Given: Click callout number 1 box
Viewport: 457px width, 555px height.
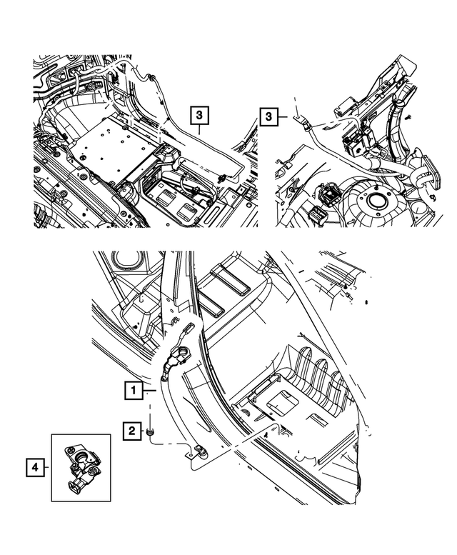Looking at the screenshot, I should tap(132, 391).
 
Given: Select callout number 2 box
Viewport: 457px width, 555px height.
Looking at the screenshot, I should tap(132, 430).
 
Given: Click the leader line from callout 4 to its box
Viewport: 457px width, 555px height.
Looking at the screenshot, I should tap(46, 469).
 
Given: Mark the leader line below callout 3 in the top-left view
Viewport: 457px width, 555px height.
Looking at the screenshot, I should tap(199, 133).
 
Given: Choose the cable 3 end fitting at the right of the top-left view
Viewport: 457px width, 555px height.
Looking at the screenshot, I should tap(224, 178).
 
